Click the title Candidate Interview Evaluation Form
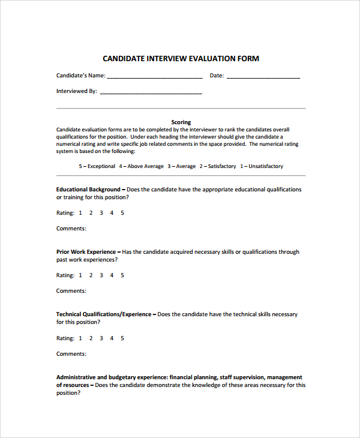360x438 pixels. pyautogui.click(x=181, y=59)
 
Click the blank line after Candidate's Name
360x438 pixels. pyautogui.click(x=155, y=77)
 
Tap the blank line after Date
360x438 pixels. pyautogui.click(x=263, y=77)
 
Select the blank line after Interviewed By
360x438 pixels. pyautogui.click(x=151, y=92)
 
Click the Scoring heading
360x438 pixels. pyautogui.click(x=181, y=122)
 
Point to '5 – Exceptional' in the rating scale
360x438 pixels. pyautogui.click(x=97, y=166)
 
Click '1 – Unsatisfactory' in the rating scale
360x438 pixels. pyautogui.click(x=262, y=166)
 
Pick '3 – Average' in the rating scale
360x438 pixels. pyautogui.click(x=181, y=166)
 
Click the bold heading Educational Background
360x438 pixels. pyautogui.click(x=88, y=190)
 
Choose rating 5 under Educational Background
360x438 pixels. pyautogui.click(x=122, y=213)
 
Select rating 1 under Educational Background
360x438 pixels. pyautogui.click(x=80, y=213)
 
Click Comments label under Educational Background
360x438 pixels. pyautogui.click(x=71, y=229)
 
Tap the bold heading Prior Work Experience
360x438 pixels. pyautogui.click(x=86, y=252)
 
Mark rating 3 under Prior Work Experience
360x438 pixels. pyautogui.click(x=101, y=275)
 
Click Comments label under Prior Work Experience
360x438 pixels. pyautogui.click(x=71, y=291)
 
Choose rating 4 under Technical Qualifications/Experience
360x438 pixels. pyautogui.click(x=112, y=338)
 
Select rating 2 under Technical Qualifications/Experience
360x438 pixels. pyautogui.click(x=91, y=338)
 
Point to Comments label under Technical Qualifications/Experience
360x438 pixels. pyautogui.click(x=71, y=354)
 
